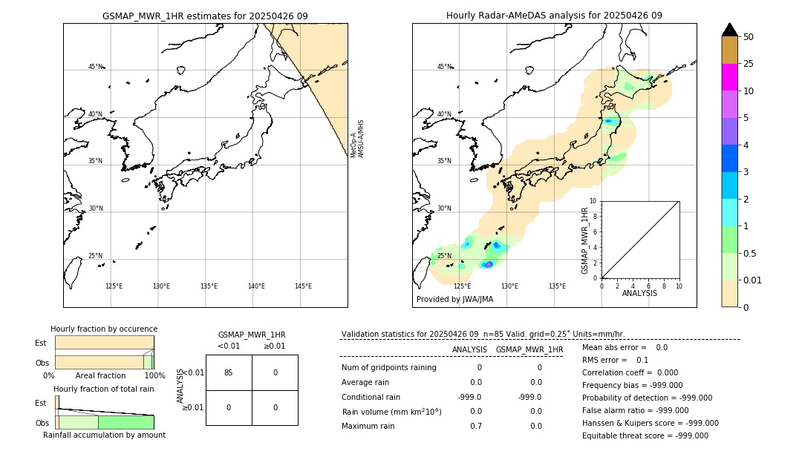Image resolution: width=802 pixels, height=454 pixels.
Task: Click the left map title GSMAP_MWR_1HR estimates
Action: (x=205, y=16)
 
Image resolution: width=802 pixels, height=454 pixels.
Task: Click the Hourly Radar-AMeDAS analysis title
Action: (x=554, y=16)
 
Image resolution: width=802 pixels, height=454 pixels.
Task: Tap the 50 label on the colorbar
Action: (x=749, y=37)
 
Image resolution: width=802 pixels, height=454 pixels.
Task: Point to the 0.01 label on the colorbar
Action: (x=754, y=280)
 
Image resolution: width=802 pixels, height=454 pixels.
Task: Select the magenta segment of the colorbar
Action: (x=729, y=77)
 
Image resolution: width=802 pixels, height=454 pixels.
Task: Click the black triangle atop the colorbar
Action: (x=729, y=30)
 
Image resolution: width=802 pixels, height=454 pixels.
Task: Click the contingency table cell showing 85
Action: (x=228, y=372)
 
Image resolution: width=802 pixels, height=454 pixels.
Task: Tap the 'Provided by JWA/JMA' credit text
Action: (x=454, y=299)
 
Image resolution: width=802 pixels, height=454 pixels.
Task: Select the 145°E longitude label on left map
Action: (x=303, y=286)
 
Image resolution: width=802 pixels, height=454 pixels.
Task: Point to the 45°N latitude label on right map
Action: (x=444, y=67)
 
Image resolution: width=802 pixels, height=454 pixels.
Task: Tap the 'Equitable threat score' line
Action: (x=645, y=435)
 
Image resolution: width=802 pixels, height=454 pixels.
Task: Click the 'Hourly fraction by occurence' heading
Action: (x=104, y=329)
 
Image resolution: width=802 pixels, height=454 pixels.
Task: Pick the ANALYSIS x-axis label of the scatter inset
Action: (x=639, y=293)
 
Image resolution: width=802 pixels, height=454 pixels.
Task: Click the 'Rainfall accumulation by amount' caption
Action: (x=104, y=435)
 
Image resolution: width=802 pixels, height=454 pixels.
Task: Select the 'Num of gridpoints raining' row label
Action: (x=388, y=367)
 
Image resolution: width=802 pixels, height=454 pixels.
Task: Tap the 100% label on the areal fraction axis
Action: (x=154, y=375)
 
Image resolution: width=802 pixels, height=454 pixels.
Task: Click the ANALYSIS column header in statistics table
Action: (x=469, y=349)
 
